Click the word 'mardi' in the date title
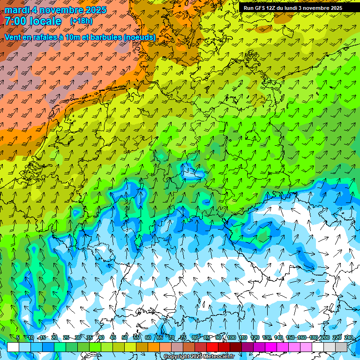pos(17,10)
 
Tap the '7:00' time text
pos(17,21)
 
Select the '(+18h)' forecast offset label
pos(81,21)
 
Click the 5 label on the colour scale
pos(18,338)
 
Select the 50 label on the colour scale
pos(125,338)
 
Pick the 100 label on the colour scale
pos(231,338)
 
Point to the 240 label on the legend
pos(349,338)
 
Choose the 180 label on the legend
pos(314,338)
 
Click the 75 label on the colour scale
pos(183,338)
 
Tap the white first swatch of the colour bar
pos(13,347)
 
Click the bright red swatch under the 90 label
pos(212,347)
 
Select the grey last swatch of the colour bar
pos(341,347)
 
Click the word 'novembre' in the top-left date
pos(60,10)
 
